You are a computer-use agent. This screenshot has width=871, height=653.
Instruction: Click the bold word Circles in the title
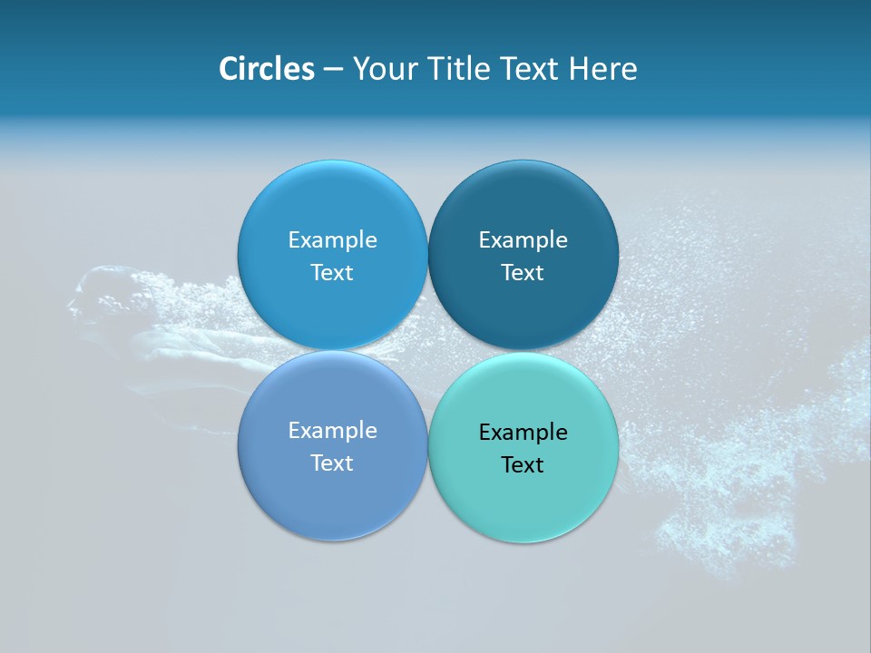click(x=266, y=69)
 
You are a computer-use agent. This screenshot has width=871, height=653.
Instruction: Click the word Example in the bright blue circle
click(x=332, y=240)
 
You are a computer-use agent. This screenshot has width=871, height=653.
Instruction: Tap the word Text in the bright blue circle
click(x=332, y=273)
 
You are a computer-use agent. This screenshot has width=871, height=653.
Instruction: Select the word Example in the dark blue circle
click(x=523, y=240)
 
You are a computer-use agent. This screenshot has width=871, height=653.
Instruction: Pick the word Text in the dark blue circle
click(x=523, y=273)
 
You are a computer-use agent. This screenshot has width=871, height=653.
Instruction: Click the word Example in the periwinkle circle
click(x=332, y=431)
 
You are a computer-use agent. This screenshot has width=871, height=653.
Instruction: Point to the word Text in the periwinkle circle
click(x=332, y=463)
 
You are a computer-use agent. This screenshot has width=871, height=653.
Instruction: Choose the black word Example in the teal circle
click(x=523, y=433)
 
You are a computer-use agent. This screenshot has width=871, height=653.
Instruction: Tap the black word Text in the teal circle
click(x=523, y=465)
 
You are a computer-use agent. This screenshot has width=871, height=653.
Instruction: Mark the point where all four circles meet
click(x=427, y=351)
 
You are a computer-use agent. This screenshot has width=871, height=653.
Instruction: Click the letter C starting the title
click(x=229, y=69)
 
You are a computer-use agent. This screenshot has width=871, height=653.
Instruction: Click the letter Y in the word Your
click(x=359, y=69)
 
